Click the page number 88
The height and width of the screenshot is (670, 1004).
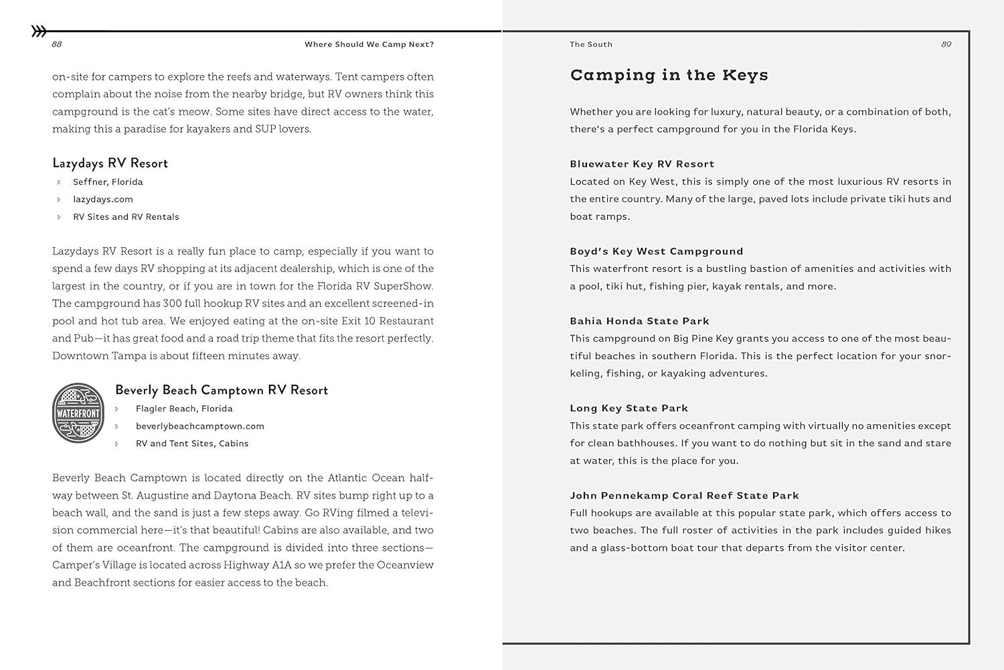point(57,45)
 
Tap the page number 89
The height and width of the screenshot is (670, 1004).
point(946,45)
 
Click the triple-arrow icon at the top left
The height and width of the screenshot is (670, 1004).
point(39,31)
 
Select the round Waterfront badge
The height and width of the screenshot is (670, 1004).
point(78,413)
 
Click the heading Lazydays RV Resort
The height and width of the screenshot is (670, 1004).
point(110,163)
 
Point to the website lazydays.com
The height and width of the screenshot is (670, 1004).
point(103,200)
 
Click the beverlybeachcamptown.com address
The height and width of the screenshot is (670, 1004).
point(199,426)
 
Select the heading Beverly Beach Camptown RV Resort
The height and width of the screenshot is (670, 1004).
point(222,391)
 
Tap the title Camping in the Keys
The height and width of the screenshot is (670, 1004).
point(669,75)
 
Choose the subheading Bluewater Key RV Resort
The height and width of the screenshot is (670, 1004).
point(642,164)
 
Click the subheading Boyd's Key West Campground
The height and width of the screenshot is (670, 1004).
point(656,251)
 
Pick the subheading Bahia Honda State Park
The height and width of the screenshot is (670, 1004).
point(639,321)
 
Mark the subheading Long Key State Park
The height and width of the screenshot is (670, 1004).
point(629,408)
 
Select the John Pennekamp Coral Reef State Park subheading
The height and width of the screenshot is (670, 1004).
point(684,496)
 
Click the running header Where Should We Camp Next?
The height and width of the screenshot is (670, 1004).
point(369,45)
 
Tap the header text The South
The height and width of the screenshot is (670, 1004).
point(591,45)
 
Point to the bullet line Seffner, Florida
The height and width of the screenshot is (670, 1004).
point(108,182)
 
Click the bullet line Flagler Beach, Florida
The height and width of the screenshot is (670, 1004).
point(184,409)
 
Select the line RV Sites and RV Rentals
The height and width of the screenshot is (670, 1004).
point(126,217)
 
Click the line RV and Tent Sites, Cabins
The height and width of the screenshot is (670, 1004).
point(192,444)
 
